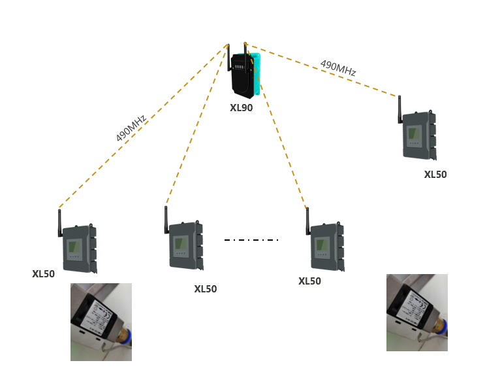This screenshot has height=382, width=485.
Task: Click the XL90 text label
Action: click(241, 108)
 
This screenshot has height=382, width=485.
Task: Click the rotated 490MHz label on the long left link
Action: click(131, 126)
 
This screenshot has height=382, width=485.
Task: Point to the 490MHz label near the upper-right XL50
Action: click(337, 68)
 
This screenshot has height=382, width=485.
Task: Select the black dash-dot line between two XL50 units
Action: click(251, 240)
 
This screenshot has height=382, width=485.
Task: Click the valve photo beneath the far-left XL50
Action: click(101, 322)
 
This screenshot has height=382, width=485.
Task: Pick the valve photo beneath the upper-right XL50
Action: click(416, 313)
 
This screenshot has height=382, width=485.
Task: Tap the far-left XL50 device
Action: click(79, 247)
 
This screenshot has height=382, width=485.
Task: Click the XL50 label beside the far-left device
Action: click(44, 274)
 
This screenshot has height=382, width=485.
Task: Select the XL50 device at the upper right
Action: click(418, 135)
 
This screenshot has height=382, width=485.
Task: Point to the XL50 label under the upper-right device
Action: click(435, 175)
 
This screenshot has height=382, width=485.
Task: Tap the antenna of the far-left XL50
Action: click(59, 222)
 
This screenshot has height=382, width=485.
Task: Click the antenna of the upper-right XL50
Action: click(399, 109)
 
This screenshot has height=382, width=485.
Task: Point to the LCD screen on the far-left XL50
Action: click(74, 248)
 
